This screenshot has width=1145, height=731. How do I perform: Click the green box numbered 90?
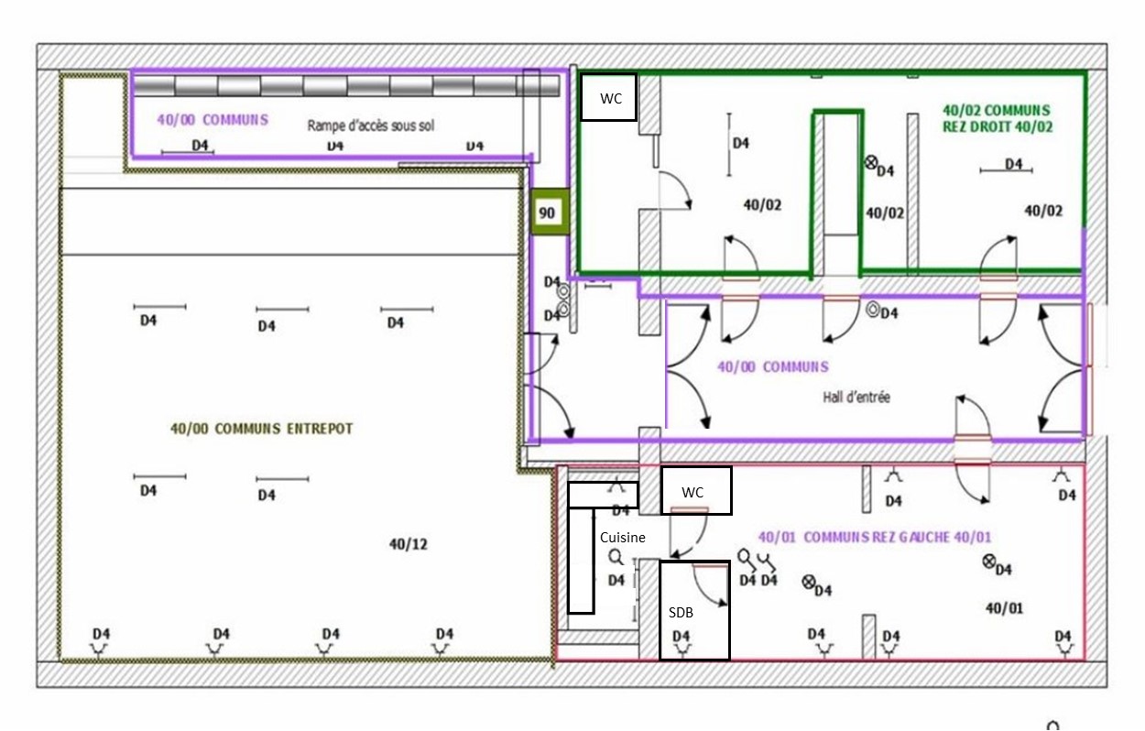[x=550, y=212]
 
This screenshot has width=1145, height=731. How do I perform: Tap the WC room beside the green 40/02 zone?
[x=609, y=97]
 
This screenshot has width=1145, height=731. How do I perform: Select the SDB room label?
[x=681, y=612]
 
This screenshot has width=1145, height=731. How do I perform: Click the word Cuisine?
[x=623, y=538]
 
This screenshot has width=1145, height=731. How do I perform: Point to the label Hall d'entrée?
[x=856, y=397]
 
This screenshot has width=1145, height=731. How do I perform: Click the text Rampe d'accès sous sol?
[x=371, y=125]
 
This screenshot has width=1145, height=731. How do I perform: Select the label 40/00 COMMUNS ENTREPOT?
[x=261, y=429]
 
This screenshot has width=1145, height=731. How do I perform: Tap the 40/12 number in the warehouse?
[x=408, y=544]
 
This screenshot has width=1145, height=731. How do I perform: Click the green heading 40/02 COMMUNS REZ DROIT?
[x=998, y=118]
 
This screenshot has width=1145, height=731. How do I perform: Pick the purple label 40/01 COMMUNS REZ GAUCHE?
[x=875, y=538]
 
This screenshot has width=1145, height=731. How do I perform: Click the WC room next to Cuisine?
[x=695, y=490]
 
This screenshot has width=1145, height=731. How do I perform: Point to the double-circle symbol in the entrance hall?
[x=873, y=310]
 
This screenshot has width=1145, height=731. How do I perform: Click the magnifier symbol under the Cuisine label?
[x=616, y=557]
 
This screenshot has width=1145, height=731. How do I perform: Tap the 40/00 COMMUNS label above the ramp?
[x=213, y=120]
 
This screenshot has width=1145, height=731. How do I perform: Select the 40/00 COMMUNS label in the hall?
[x=773, y=366]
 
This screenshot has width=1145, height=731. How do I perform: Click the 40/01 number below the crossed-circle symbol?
[x=1004, y=608]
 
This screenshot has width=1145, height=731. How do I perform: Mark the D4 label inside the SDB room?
[x=681, y=636]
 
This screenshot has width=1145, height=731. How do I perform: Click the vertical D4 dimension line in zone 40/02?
[x=729, y=145]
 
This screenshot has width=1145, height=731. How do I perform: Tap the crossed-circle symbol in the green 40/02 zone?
[x=870, y=162]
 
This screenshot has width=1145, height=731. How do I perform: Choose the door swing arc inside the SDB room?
[x=711, y=588]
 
